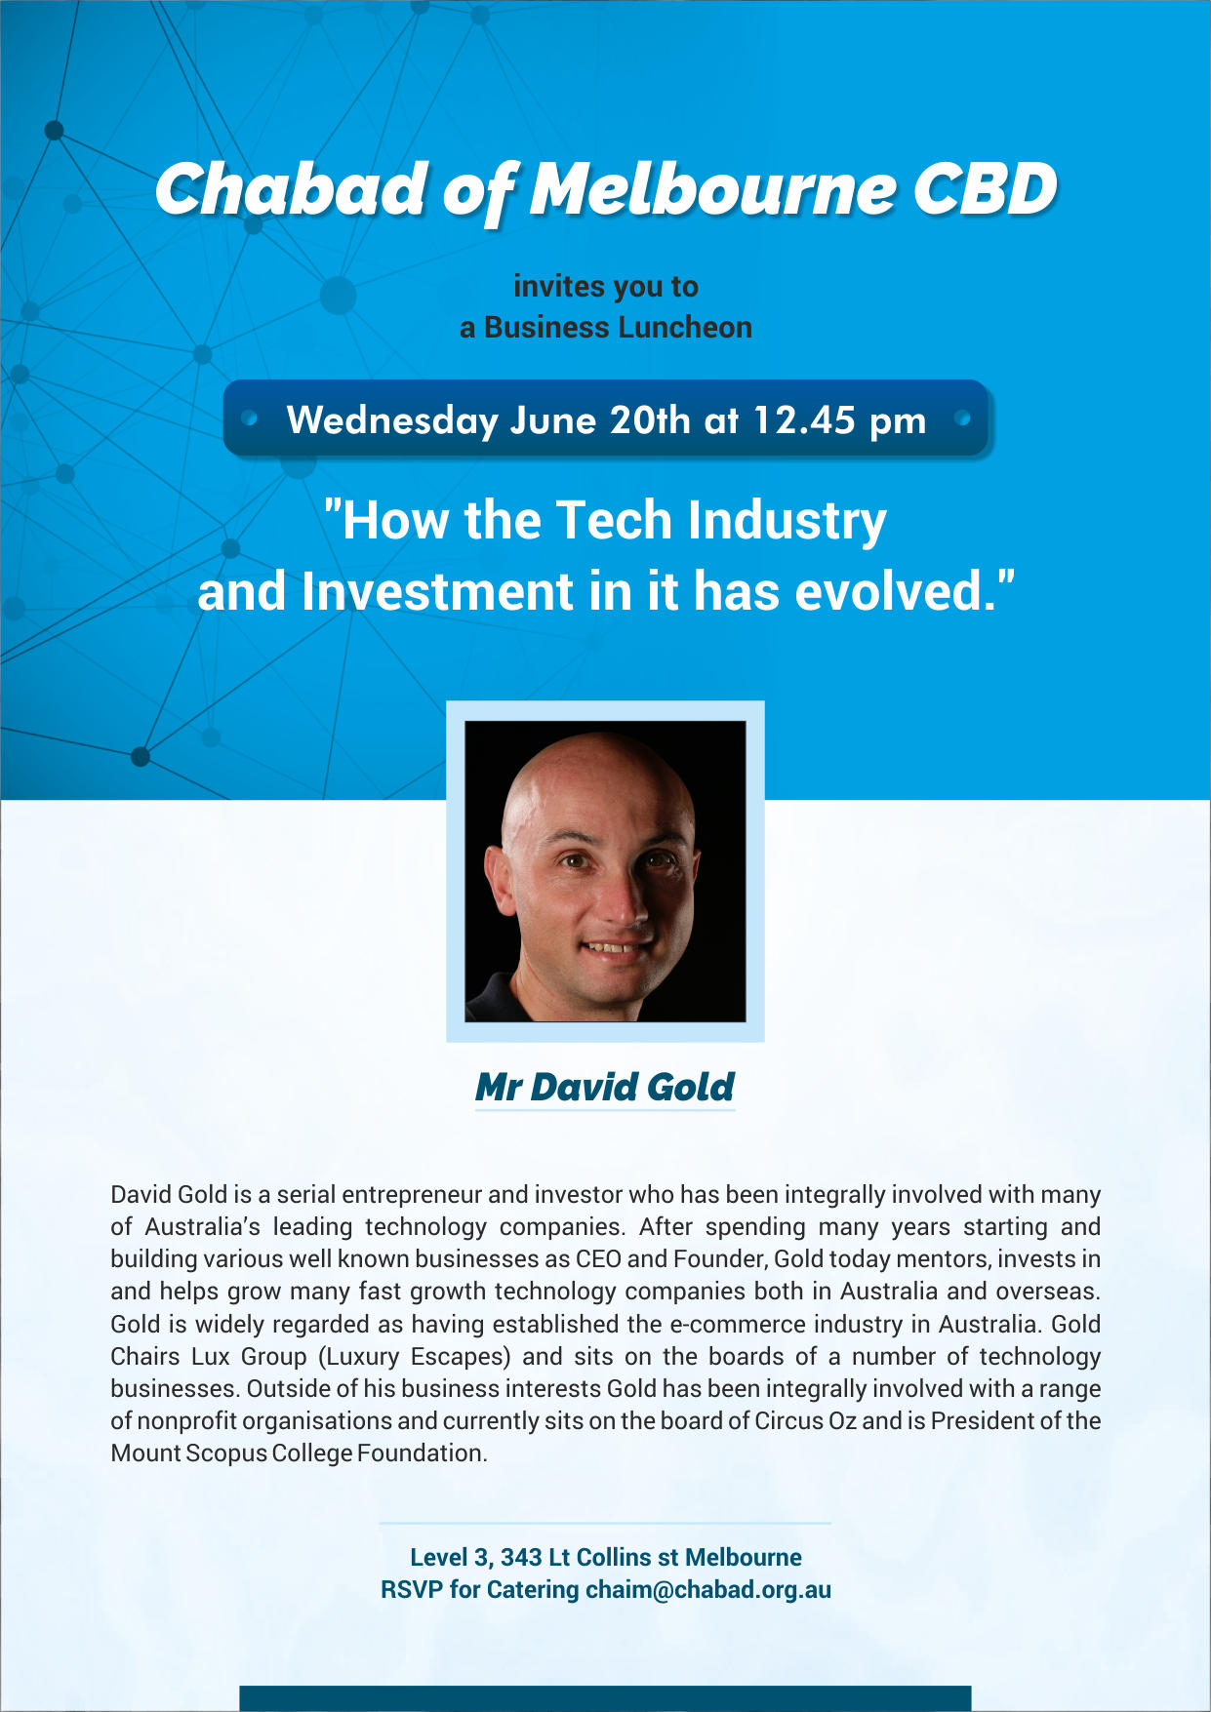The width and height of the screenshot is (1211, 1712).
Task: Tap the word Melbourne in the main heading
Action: tap(712, 188)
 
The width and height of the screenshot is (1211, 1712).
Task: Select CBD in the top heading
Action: tap(986, 188)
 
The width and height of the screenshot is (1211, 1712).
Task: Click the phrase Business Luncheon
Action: tap(618, 327)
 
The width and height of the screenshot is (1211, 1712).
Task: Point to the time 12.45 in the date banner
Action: tap(804, 420)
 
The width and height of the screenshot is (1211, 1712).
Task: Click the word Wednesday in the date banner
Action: tap(392, 421)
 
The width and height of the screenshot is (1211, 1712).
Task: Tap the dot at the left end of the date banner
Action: tap(250, 418)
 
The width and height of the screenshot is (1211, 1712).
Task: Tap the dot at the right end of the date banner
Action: tap(963, 418)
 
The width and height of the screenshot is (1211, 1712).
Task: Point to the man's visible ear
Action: tap(500, 878)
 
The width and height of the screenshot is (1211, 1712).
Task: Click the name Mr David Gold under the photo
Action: tap(605, 1087)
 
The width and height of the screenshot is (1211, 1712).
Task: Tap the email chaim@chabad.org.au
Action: tap(708, 1589)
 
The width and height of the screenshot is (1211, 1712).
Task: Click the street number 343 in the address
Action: tap(521, 1557)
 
